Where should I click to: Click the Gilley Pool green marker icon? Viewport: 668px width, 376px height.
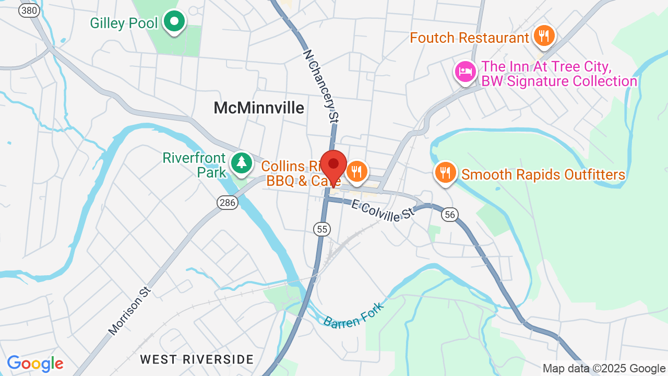point(175,22)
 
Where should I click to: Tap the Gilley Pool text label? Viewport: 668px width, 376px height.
point(123,23)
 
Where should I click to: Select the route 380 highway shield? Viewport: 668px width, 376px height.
point(29,10)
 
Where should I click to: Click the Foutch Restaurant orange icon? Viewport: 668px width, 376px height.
point(544,36)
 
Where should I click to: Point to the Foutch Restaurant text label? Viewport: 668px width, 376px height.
point(469,38)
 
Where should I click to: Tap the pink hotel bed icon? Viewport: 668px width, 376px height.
point(465,72)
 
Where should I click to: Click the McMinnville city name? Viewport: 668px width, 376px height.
point(259,108)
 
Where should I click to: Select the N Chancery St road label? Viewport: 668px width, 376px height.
point(319,86)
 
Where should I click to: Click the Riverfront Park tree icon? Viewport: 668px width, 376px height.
point(241,162)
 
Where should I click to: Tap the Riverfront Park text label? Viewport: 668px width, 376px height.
point(194,165)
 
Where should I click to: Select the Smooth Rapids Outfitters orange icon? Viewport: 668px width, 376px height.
point(445,172)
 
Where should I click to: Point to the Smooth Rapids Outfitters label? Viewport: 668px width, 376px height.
point(543,174)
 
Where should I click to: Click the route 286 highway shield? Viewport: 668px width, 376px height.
point(228,203)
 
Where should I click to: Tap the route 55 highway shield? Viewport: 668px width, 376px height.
point(323,229)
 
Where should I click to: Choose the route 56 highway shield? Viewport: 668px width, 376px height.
point(449,215)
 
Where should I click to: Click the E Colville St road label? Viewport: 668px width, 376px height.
point(382,211)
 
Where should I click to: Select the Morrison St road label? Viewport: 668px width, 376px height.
point(129,311)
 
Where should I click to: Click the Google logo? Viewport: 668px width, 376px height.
point(35,363)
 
